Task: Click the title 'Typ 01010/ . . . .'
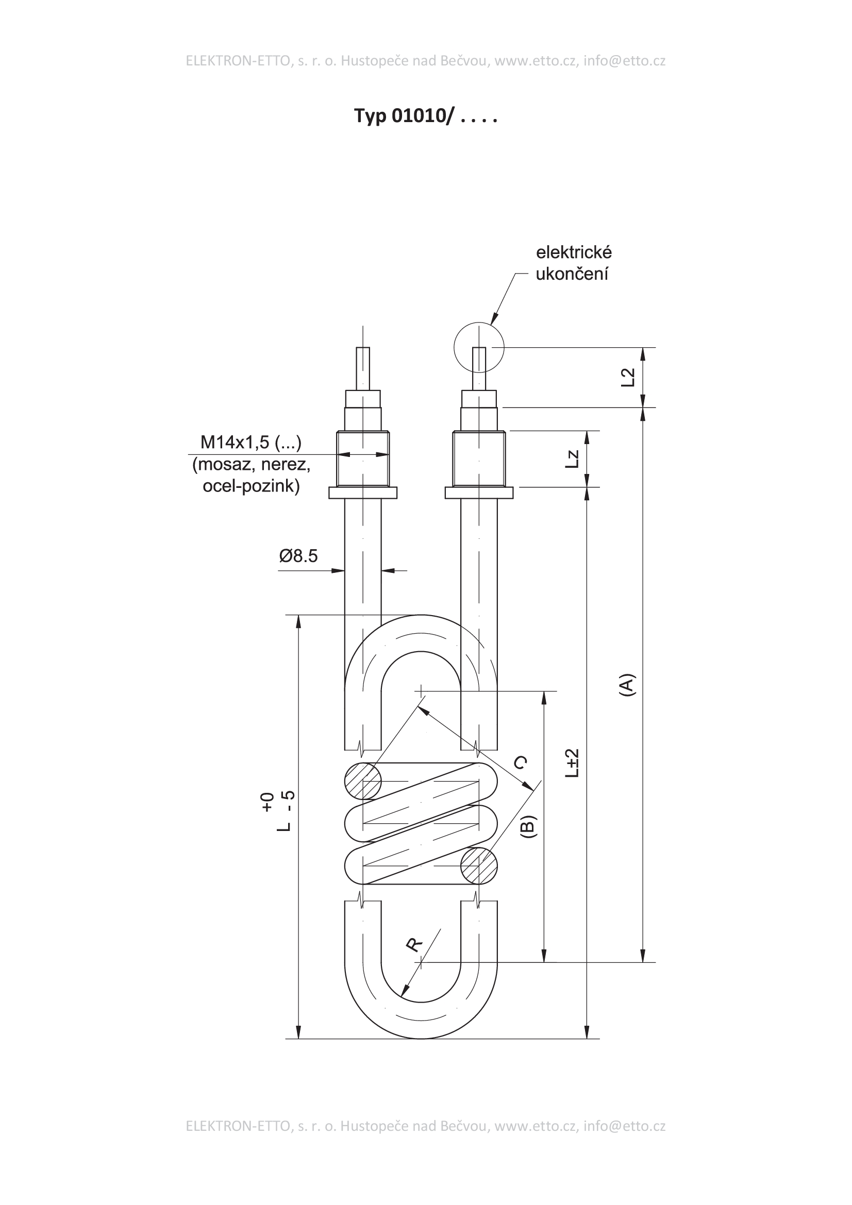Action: click(x=425, y=116)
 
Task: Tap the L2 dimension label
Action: click(x=628, y=378)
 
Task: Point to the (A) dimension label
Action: click(x=627, y=685)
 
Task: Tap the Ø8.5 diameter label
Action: click(x=298, y=556)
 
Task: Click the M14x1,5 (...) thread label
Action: click(x=251, y=443)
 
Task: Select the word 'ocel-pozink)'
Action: click(x=251, y=486)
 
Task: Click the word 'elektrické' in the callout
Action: click(x=574, y=252)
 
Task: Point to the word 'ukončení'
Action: click(x=572, y=274)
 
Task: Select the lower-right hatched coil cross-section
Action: click(x=479, y=866)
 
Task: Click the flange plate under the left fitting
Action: click(x=363, y=493)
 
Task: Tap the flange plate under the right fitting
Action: click(x=479, y=493)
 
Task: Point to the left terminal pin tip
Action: click(x=363, y=347)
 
